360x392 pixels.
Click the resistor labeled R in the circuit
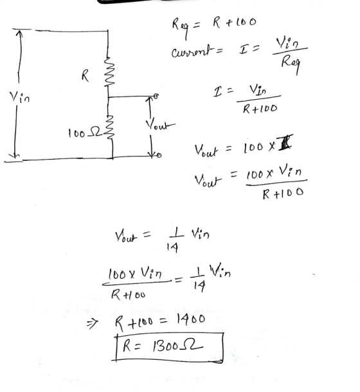point(109,72)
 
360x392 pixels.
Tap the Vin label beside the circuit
point(19,97)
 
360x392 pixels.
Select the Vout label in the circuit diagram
point(161,124)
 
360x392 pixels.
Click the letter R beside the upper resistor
point(85,75)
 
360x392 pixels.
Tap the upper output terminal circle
point(156,96)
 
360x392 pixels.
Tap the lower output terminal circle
point(159,155)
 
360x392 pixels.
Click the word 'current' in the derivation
point(193,51)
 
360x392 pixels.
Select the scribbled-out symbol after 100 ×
point(285,142)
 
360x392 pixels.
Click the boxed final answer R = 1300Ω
point(169,347)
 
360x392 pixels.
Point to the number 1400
point(191,319)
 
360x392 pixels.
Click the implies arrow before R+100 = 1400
point(92,324)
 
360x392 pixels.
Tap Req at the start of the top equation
point(180,27)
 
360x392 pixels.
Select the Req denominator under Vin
point(291,64)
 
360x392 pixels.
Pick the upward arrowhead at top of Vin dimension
point(19,33)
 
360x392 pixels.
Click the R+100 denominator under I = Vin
point(260,109)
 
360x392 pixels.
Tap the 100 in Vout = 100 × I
point(253,147)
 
